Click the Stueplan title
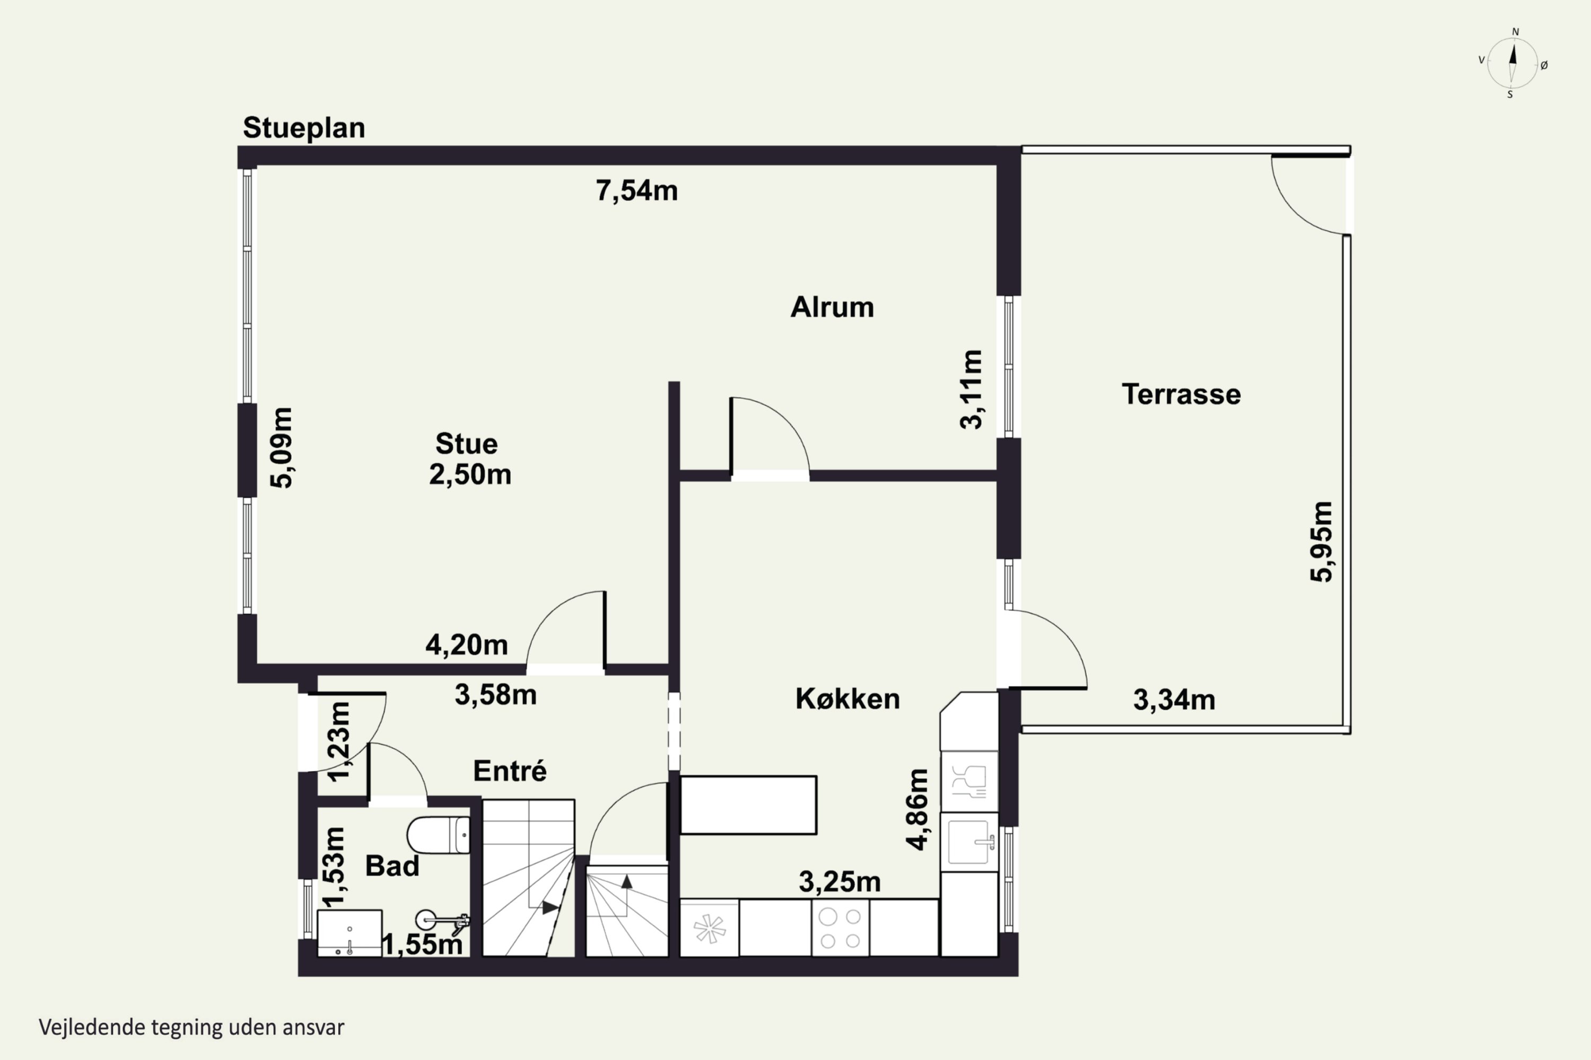[x=304, y=128]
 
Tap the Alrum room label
[x=832, y=307]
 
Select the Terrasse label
[x=1181, y=394]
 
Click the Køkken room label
[x=847, y=699]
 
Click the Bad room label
[x=392, y=865]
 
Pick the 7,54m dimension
[x=636, y=191]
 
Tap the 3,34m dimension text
[x=1174, y=700]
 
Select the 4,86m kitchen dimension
[x=917, y=809]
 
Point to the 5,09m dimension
[x=282, y=447]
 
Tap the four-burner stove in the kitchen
[x=840, y=928]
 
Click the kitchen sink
[x=969, y=842]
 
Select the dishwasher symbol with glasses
[x=969, y=781]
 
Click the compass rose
[x=1513, y=64]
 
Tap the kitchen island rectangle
[x=748, y=805]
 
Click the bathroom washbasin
[x=349, y=933]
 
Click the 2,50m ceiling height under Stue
[x=470, y=474]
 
